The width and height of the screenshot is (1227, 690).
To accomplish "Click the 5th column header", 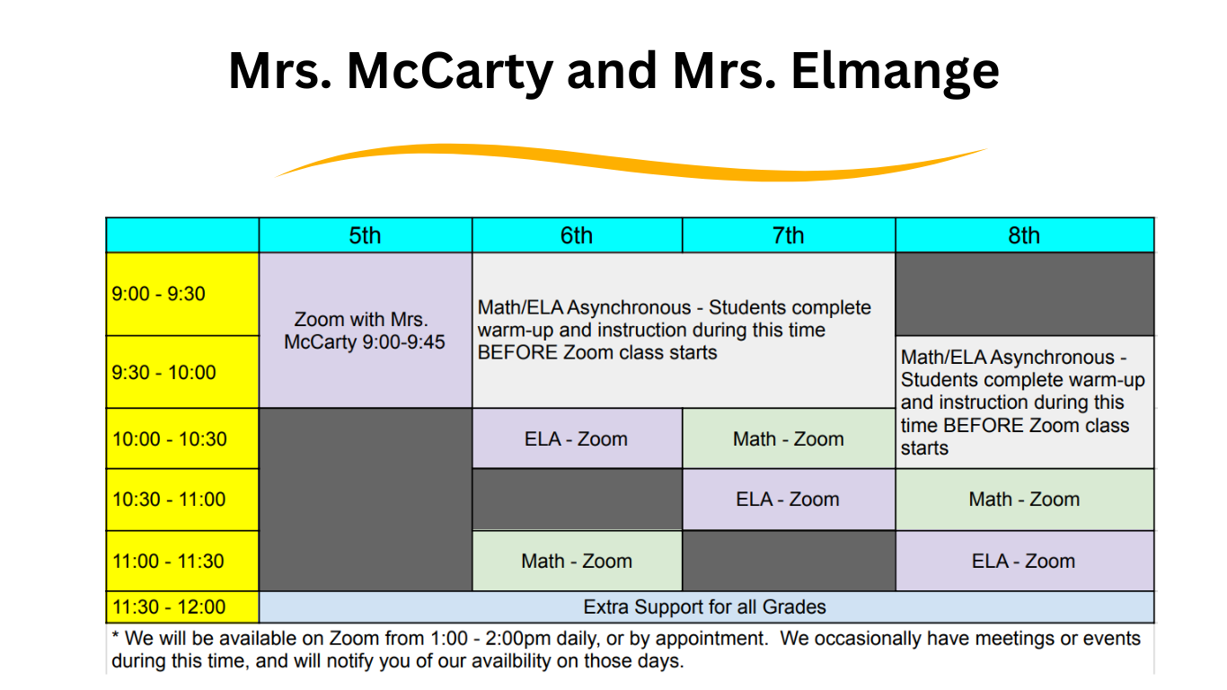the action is click(365, 235).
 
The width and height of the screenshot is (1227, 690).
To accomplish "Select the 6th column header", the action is click(577, 235).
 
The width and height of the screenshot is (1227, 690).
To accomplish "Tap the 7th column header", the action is click(789, 235).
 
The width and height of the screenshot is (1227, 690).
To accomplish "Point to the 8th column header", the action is click(1024, 235).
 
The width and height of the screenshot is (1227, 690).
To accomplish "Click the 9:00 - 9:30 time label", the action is click(158, 294).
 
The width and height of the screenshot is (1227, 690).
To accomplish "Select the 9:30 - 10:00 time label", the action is click(163, 373).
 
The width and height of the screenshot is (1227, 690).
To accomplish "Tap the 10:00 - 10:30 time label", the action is click(169, 439).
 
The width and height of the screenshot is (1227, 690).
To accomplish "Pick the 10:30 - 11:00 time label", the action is click(169, 500).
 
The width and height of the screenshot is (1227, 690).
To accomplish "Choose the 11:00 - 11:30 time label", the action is click(168, 562).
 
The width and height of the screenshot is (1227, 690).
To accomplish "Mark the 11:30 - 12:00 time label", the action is click(169, 607).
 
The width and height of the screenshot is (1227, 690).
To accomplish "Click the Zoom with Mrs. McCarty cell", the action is click(365, 331).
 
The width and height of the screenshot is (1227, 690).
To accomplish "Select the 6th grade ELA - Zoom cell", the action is click(577, 438).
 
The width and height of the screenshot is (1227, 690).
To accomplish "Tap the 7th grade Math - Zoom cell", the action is click(789, 438).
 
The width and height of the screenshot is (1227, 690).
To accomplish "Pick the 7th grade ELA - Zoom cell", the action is click(789, 500).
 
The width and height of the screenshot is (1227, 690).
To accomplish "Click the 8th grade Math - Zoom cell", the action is click(1024, 500).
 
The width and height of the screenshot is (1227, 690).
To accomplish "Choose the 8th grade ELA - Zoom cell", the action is click(1024, 562).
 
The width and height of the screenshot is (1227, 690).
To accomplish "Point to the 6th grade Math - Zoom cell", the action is click(577, 562).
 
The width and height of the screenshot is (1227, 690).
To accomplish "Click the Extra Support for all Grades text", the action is click(704, 607).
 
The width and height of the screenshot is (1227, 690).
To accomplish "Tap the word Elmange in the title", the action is click(895, 72).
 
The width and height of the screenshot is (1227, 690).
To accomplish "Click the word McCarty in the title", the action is click(450, 72).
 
